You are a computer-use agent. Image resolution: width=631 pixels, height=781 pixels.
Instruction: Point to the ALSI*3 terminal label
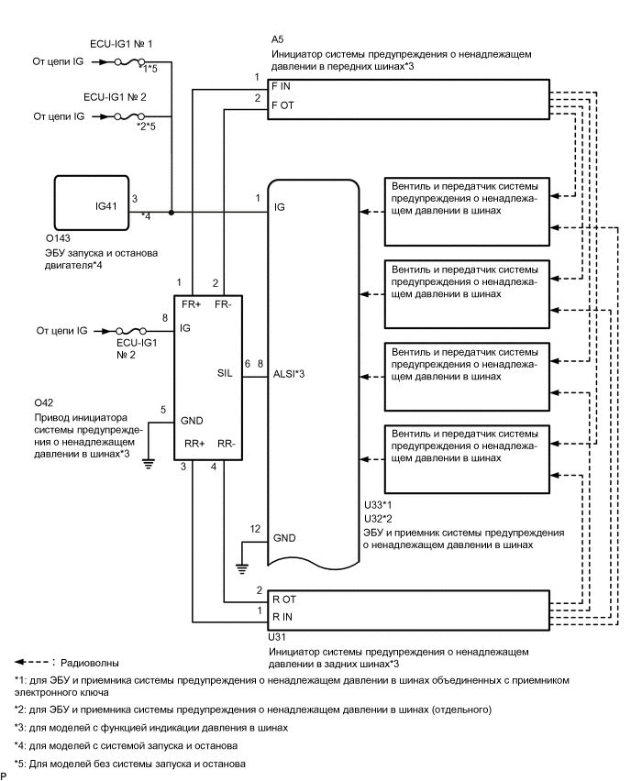point(288,373)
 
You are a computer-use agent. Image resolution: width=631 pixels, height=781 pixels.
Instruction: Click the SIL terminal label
point(224,373)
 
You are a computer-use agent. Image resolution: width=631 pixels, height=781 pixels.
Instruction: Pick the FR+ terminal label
point(194,303)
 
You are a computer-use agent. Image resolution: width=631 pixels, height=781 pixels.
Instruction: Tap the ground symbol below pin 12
point(242,568)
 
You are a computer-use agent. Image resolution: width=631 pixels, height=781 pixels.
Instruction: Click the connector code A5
point(278,41)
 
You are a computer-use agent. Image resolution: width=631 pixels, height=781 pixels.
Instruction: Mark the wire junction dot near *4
point(172,210)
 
